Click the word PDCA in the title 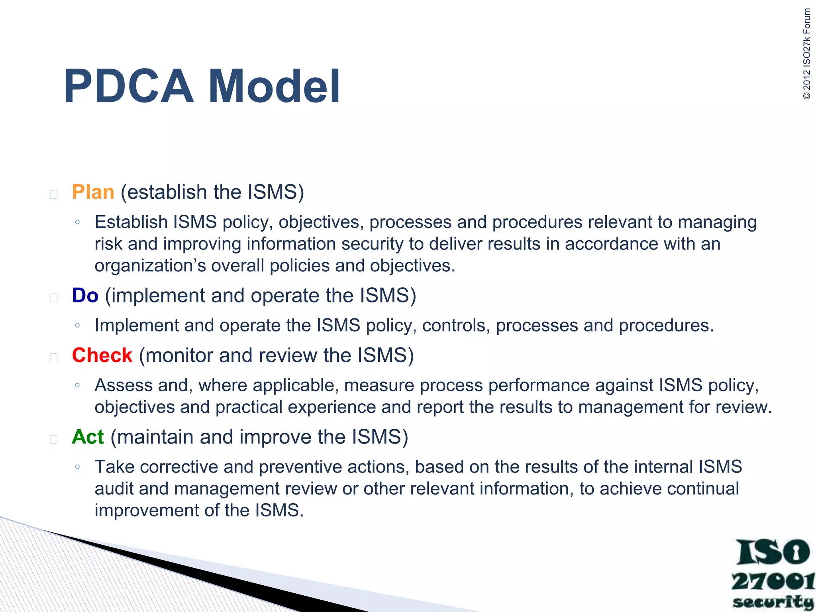tap(128, 86)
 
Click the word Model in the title tap(274, 86)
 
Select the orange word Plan tap(93, 192)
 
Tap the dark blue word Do tap(85, 296)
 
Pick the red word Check tap(102, 355)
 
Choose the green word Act tap(88, 437)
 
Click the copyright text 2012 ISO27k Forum tap(806, 54)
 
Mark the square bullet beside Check tap(54, 358)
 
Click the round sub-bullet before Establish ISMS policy tap(77, 222)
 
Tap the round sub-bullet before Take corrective tap(77, 467)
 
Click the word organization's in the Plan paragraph tap(150, 266)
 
